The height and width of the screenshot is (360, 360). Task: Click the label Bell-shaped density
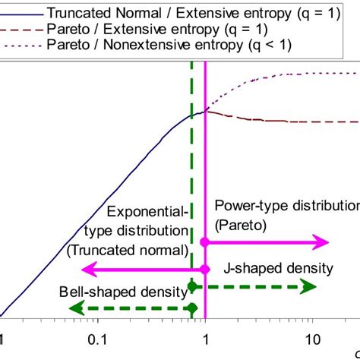coord(123,291)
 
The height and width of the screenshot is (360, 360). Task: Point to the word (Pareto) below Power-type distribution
coord(239,225)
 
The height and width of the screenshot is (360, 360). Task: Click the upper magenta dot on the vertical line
coord(205,242)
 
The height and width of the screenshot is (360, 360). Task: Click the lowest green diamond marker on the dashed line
coord(193,308)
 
